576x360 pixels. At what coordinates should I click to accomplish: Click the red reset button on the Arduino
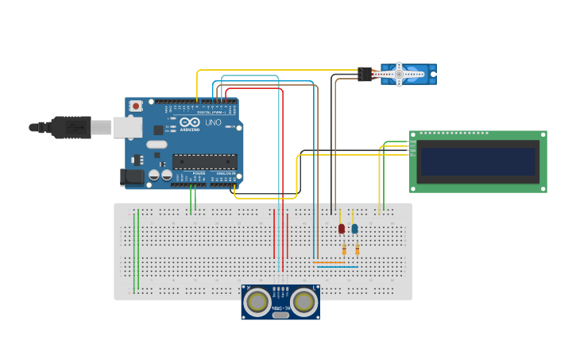[x=136, y=106]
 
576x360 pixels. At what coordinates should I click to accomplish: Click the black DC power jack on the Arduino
[x=130, y=176]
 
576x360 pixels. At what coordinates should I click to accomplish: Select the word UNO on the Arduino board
[x=213, y=123]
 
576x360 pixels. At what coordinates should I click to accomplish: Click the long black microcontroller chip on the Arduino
[x=204, y=161]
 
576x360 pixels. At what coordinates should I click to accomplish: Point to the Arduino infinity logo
[x=189, y=123]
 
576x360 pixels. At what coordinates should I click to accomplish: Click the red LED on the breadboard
[x=342, y=229]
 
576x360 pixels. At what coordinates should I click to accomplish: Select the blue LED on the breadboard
[x=354, y=229]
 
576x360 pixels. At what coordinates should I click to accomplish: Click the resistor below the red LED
[x=343, y=250]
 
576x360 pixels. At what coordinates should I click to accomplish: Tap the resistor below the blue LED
[x=357, y=250]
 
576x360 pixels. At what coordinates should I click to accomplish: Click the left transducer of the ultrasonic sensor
[x=257, y=302]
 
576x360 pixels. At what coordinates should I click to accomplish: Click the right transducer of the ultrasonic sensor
[x=303, y=302]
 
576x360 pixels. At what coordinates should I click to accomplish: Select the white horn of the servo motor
[x=400, y=74]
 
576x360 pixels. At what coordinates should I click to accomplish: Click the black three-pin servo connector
[x=365, y=74]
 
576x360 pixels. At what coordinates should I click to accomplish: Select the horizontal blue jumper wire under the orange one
[x=337, y=267]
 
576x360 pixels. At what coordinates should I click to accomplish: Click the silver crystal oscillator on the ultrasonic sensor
[x=280, y=315]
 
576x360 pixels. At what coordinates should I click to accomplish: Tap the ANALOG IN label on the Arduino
[x=223, y=172]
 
